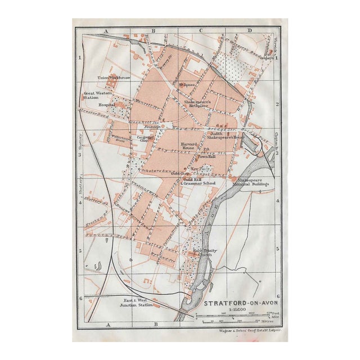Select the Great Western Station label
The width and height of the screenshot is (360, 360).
[95, 96]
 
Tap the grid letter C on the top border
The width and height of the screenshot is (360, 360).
[201, 31]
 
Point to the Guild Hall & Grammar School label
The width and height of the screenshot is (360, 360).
[198, 181]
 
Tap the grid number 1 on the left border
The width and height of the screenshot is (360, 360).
[80, 57]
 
